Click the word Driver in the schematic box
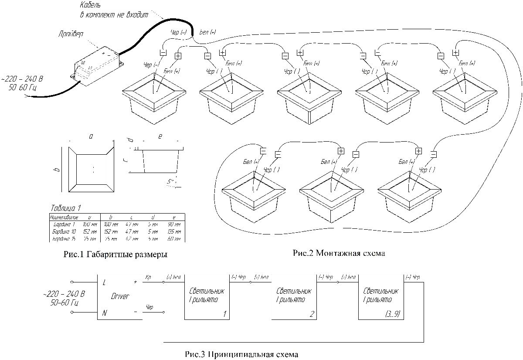tap(120, 296)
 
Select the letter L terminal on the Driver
tap(104, 282)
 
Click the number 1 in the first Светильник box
tap(224, 313)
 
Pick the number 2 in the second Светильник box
tap(311, 313)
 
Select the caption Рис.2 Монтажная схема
tap(340, 252)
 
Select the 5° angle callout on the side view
tap(171, 182)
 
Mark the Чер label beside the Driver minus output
tap(149, 308)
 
